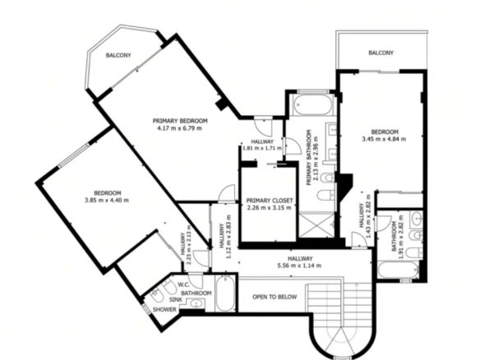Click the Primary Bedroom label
pyautogui.click(x=180, y=121)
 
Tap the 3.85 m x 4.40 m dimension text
pyautogui.click(x=107, y=201)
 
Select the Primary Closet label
pyautogui.click(x=270, y=201)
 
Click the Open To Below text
pyautogui.click(x=275, y=297)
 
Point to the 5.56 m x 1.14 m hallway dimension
pyautogui.click(x=299, y=265)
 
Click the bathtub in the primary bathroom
pyautogui.click(x=313, y=104)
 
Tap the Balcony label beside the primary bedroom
pyautogui.click(x=118, y=55)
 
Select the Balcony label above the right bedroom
pyautogui.click(x=381, y=53)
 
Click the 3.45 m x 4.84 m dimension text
pyautogui.click(x=384, y=139)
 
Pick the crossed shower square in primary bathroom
pyautogui.click(x=316, y=225)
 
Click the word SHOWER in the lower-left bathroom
pyautogui.click(x=164, y=310)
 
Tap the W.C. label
pyautogui.click(x=184, y=284)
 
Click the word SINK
pyautogui.click(x=176, y=300)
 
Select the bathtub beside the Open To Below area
pyautogui.click(x=225, y=294)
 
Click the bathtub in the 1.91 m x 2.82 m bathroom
pyautogui.click(x=398, y=270)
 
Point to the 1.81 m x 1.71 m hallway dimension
pyautogui.click(x=262, y=148)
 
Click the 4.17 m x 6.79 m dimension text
pyautogui.click(x=179, y=128)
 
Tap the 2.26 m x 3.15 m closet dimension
pyautogui.click(x=269, y=208)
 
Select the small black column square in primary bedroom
pyautogui.click(x=222, y=104)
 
